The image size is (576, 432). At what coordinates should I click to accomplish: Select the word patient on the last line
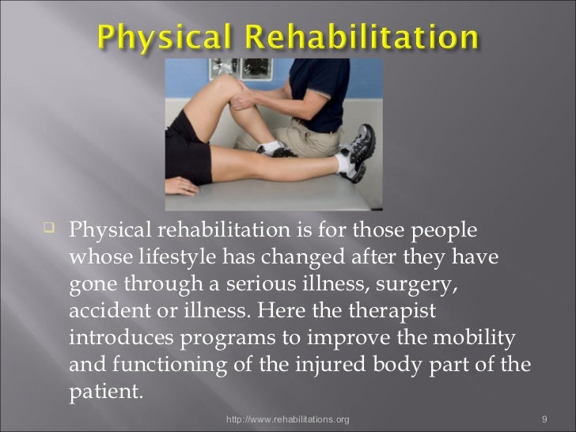pos(102,391)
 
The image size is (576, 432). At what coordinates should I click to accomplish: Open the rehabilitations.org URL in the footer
pos(287,416)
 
